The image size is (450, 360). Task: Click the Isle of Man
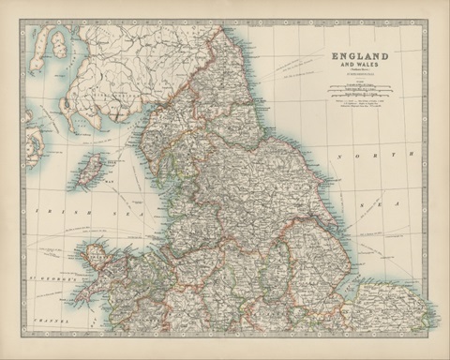90,171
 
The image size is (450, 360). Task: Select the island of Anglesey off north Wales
97,252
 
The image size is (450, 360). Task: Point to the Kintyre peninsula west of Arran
36,52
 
